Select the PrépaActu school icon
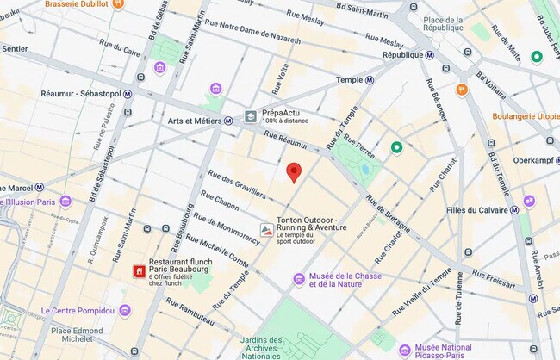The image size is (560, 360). pyautogui.click(x=251, y=115)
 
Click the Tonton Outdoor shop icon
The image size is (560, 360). pyautogui.click(x=268, y=230)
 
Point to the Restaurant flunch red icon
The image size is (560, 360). pyautogui.click(x=138, y=271)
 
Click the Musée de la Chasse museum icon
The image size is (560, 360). pyautogui.click(x=299, y=278)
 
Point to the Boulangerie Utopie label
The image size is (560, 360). pyautogui.click(x=526, y=116)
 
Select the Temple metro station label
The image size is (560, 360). pyautogui.click(x=348, y=79)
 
